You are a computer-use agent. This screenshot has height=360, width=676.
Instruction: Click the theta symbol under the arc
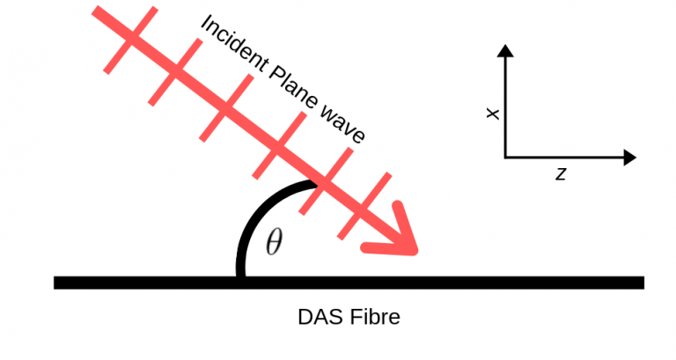tap(274, 242)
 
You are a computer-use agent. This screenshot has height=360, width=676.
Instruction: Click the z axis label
tap(560, 174)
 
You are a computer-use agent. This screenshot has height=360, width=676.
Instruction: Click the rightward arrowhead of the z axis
tap(628, 158)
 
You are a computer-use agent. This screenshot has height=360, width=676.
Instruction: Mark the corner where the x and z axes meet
tap(505, 158)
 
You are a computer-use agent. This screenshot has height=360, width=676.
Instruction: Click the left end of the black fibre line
tap(56, 283)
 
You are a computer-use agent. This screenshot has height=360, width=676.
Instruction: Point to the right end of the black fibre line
tap(642, 283)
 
